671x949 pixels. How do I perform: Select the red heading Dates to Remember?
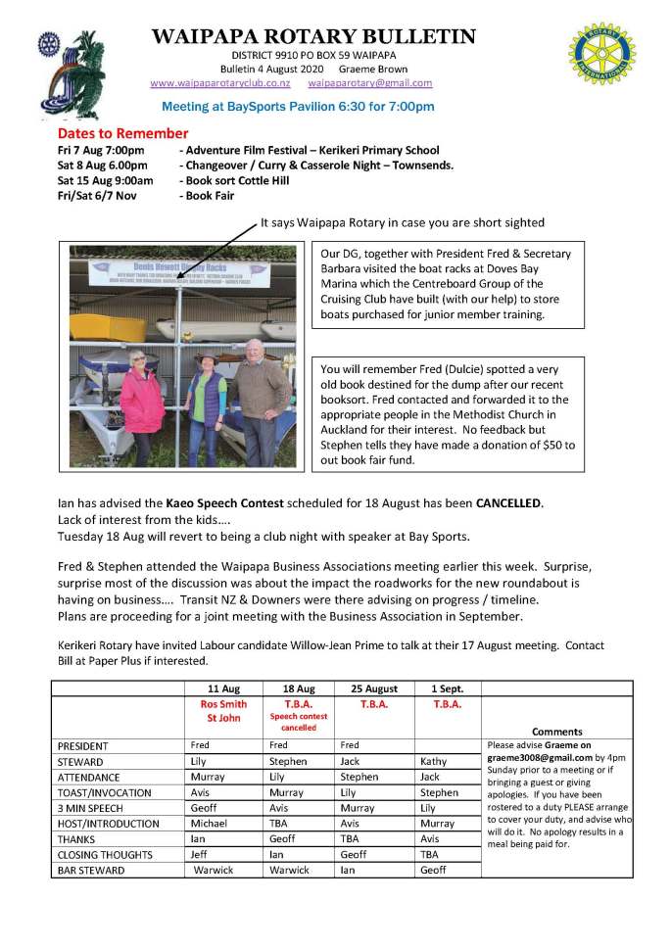(x=122, y=133)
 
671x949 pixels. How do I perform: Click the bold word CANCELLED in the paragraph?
(x=508, y=502)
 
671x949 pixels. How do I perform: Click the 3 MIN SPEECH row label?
(x=91, y=808)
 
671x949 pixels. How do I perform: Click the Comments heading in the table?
(x=556, y=731)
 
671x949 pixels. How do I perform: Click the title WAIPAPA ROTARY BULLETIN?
(x=313, y=37)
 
